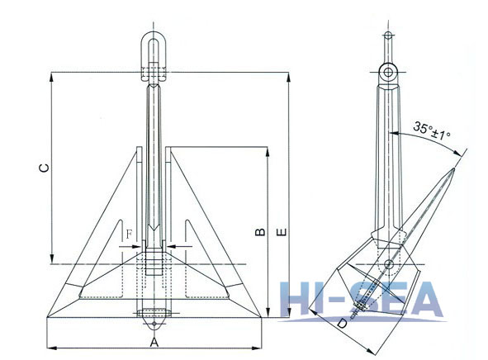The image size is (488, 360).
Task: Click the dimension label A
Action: click(154, 341)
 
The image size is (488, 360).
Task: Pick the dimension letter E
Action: click(282, 234)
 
